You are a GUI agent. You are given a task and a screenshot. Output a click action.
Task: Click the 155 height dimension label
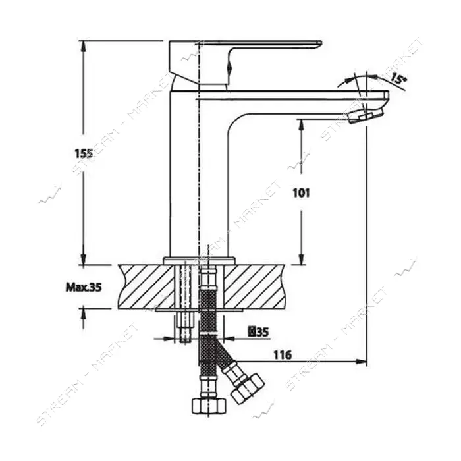(84, 153)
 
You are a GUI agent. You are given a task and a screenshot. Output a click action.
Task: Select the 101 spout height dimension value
(301, 193)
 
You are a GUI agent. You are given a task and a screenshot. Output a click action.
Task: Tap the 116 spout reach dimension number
(283, 355)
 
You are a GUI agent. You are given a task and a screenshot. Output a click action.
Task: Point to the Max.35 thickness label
(84, 287)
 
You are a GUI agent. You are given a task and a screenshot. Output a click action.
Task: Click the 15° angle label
(398, 79)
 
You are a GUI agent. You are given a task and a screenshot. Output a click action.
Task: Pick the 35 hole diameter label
(258, 332)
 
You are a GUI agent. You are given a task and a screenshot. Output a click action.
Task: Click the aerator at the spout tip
(366, 116)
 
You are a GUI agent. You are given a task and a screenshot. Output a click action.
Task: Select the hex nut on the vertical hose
(209, 406)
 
